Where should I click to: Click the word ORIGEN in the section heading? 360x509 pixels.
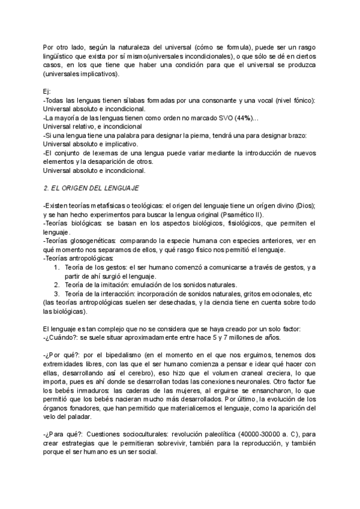tap(76, 188)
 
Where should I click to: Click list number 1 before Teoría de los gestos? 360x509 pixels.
tap(57, 267)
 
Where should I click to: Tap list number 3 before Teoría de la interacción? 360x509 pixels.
tap(57, 294)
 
